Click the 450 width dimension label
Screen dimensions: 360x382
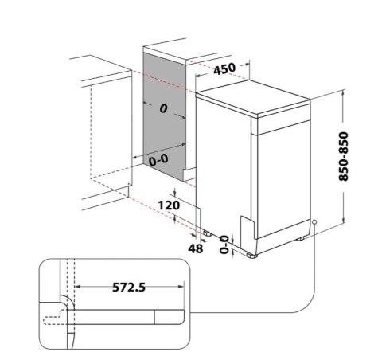pyautogui.click(x=225, y=69)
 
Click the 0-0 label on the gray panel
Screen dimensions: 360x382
pyautogui.click(x=159, y=159)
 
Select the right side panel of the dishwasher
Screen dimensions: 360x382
pyautogui.click(x=283, y=175)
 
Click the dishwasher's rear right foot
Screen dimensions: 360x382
pyautogui.click(x=303, y=237)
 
